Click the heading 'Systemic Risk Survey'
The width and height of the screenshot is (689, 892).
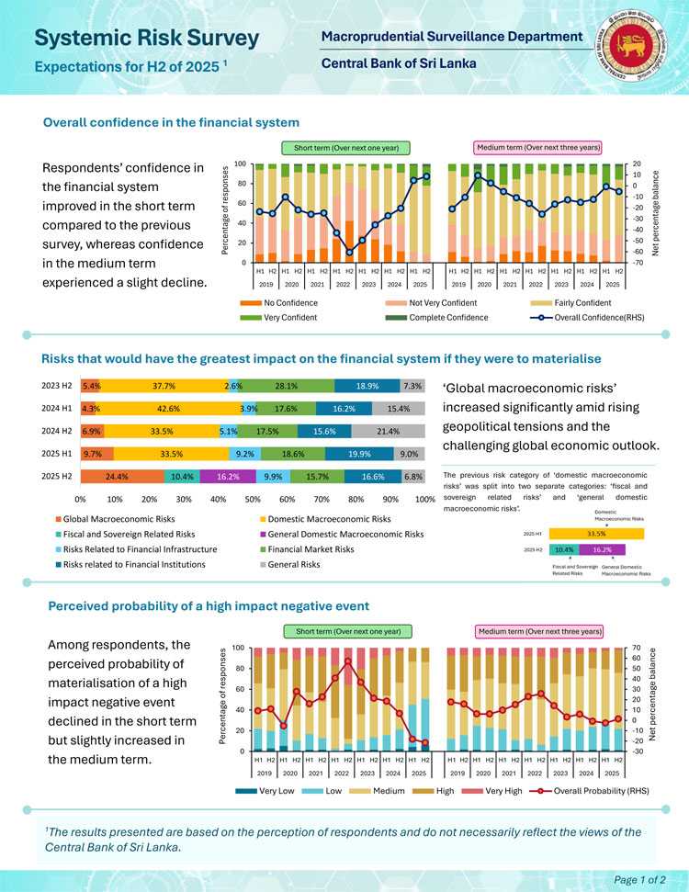click(x=147, y=38)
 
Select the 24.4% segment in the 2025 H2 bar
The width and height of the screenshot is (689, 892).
click(x=122, y=476)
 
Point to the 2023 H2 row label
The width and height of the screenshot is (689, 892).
click(x=58, y=387)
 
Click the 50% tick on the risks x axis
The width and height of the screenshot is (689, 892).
click(x=253, y=500)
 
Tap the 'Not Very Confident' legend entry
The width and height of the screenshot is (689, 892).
click(x=442, y=303)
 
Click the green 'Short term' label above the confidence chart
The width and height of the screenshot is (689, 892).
click(x=345, y=147)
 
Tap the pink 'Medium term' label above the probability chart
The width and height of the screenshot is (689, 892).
click(x=539, y=631)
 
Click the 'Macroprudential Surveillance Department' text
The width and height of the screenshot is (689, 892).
click(x=452, y=37)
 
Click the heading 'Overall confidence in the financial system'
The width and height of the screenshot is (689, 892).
click(x=172, y=122)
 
